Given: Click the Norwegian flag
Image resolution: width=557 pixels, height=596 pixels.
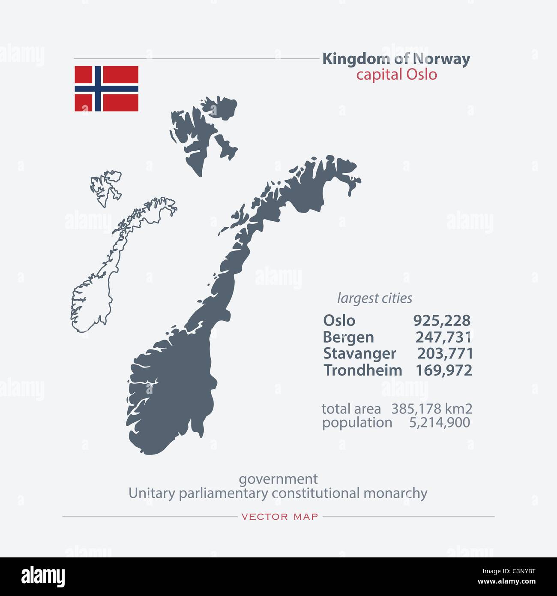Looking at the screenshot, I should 106,88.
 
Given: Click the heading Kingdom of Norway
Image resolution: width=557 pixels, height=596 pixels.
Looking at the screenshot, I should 396,59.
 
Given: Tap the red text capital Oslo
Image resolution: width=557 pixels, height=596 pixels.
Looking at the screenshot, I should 396,75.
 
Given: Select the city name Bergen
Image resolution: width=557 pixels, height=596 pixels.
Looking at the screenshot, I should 348,337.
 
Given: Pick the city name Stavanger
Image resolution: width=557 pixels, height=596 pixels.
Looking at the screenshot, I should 359,354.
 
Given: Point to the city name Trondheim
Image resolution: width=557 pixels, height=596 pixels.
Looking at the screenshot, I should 362,370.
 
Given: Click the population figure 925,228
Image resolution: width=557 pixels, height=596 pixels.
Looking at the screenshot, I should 441,321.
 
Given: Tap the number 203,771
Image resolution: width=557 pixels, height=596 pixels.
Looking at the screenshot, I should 445,354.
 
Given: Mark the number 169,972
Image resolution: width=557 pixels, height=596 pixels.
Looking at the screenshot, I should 444,370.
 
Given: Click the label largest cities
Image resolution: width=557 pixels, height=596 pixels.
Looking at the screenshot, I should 374,298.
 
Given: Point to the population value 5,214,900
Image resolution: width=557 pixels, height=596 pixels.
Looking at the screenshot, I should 439,423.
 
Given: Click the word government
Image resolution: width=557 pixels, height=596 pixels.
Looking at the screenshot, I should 278,479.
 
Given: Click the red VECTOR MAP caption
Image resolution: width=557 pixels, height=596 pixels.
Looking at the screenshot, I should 280,517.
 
